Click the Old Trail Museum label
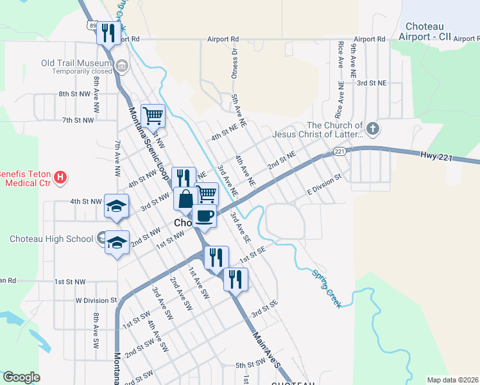pyautogui.click(x=76, y=63)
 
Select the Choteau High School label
pyautogui.click(x=51, y=239)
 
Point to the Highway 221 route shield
pyautogui.click(x=339, y=151)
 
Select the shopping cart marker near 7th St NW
pyautogui.click(x=153, y=116)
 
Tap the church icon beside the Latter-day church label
pyautogui.click(x=373, y=130)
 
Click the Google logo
pyautogui.click(x=21, y=377)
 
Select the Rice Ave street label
pyautogui.click(x=340, y=56)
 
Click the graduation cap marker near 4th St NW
pyautogui.click(x=117, y=206)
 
